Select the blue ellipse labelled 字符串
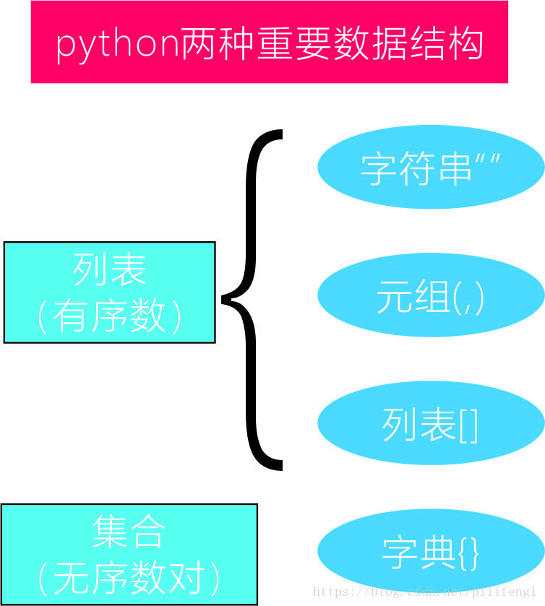coord(431,167)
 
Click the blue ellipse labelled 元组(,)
coord(431,296)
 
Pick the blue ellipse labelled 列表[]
coord(431,424)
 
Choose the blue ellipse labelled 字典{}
coord(431,550)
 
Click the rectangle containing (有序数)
coord(110,292)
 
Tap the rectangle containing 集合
coord(129,554)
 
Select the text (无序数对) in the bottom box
coord(129,577)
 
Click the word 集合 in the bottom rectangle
coord(129,532)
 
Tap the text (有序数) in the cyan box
coord(110,316)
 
